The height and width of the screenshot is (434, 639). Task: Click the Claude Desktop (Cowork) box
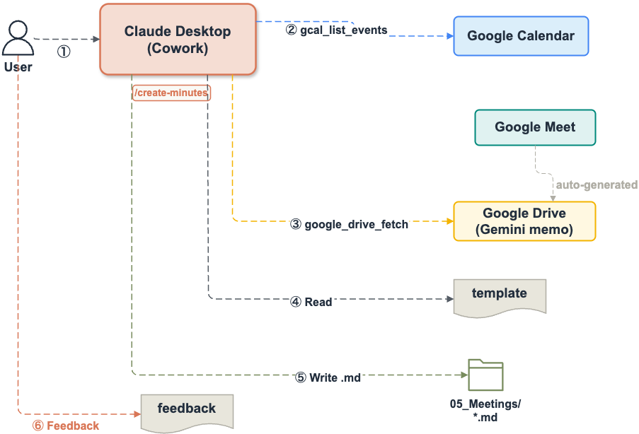178,40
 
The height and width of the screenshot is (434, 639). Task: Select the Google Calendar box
521,36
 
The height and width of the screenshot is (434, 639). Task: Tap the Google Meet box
535,128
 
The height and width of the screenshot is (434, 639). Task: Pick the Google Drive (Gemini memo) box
524,221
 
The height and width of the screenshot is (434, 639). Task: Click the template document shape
500,296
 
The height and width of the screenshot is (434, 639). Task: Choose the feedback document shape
186,411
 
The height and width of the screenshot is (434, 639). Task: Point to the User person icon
18,41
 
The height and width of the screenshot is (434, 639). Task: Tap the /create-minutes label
171,93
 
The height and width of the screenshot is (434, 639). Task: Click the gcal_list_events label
337,30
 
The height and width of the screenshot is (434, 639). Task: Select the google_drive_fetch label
350,225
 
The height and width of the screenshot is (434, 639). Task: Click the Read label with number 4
311,302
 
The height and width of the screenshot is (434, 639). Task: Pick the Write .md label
328,377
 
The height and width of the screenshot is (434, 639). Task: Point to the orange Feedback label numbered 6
66,426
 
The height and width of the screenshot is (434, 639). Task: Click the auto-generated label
596,184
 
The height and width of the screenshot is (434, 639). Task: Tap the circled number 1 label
64,52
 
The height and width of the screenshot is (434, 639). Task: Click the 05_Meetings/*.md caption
485,410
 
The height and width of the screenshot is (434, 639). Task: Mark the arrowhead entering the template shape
449,298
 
